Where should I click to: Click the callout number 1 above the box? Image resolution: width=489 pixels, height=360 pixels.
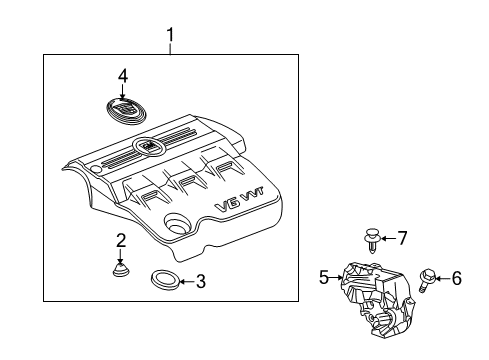(x=170, y=37)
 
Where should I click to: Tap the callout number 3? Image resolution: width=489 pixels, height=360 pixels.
(x=201, y=281)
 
